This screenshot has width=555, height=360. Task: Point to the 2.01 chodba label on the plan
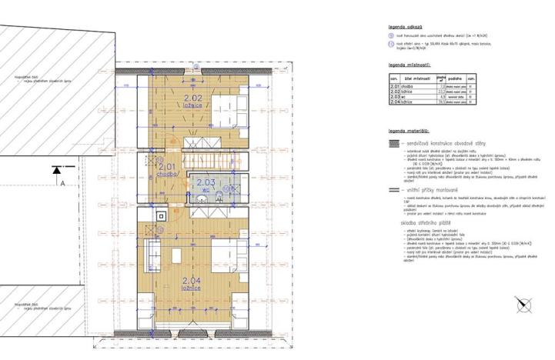(167, 168)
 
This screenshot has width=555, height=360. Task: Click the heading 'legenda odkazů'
(406, 27)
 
